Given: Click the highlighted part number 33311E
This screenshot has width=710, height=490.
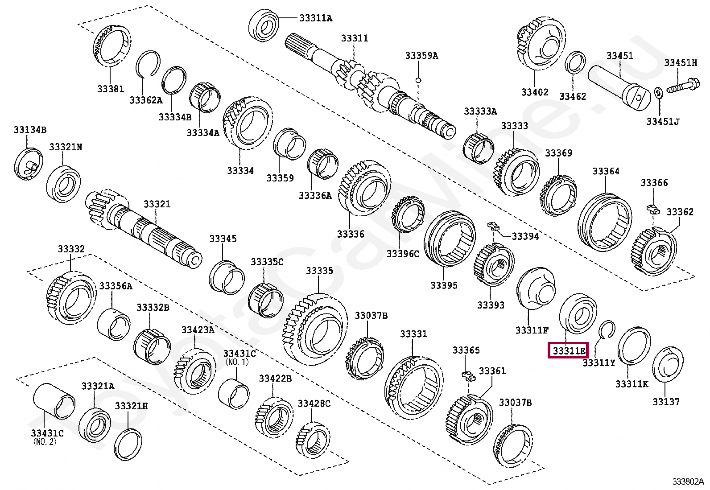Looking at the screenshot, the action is click(x=569, y=350).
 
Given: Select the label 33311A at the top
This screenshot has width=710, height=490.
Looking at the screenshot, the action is click(x=316, y=18).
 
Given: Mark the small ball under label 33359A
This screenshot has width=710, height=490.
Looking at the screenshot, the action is click(x=418, y=80).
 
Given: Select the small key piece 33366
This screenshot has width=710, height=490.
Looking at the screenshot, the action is click(x=652, y=208).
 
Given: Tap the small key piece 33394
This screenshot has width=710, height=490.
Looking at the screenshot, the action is click(x=493, y=225).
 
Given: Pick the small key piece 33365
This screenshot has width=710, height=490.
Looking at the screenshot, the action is click(x=469, y=375).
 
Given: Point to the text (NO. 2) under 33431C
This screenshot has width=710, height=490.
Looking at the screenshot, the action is click(x=45, y=442).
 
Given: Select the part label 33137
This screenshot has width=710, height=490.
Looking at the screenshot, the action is click(x=666, y=402).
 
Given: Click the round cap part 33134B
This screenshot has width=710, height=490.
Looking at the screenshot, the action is click(x=29, y=164).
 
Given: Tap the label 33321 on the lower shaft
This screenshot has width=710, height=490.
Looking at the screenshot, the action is click(x=157, y=204).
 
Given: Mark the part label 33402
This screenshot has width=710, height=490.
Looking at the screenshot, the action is click(x=535, y=92).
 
